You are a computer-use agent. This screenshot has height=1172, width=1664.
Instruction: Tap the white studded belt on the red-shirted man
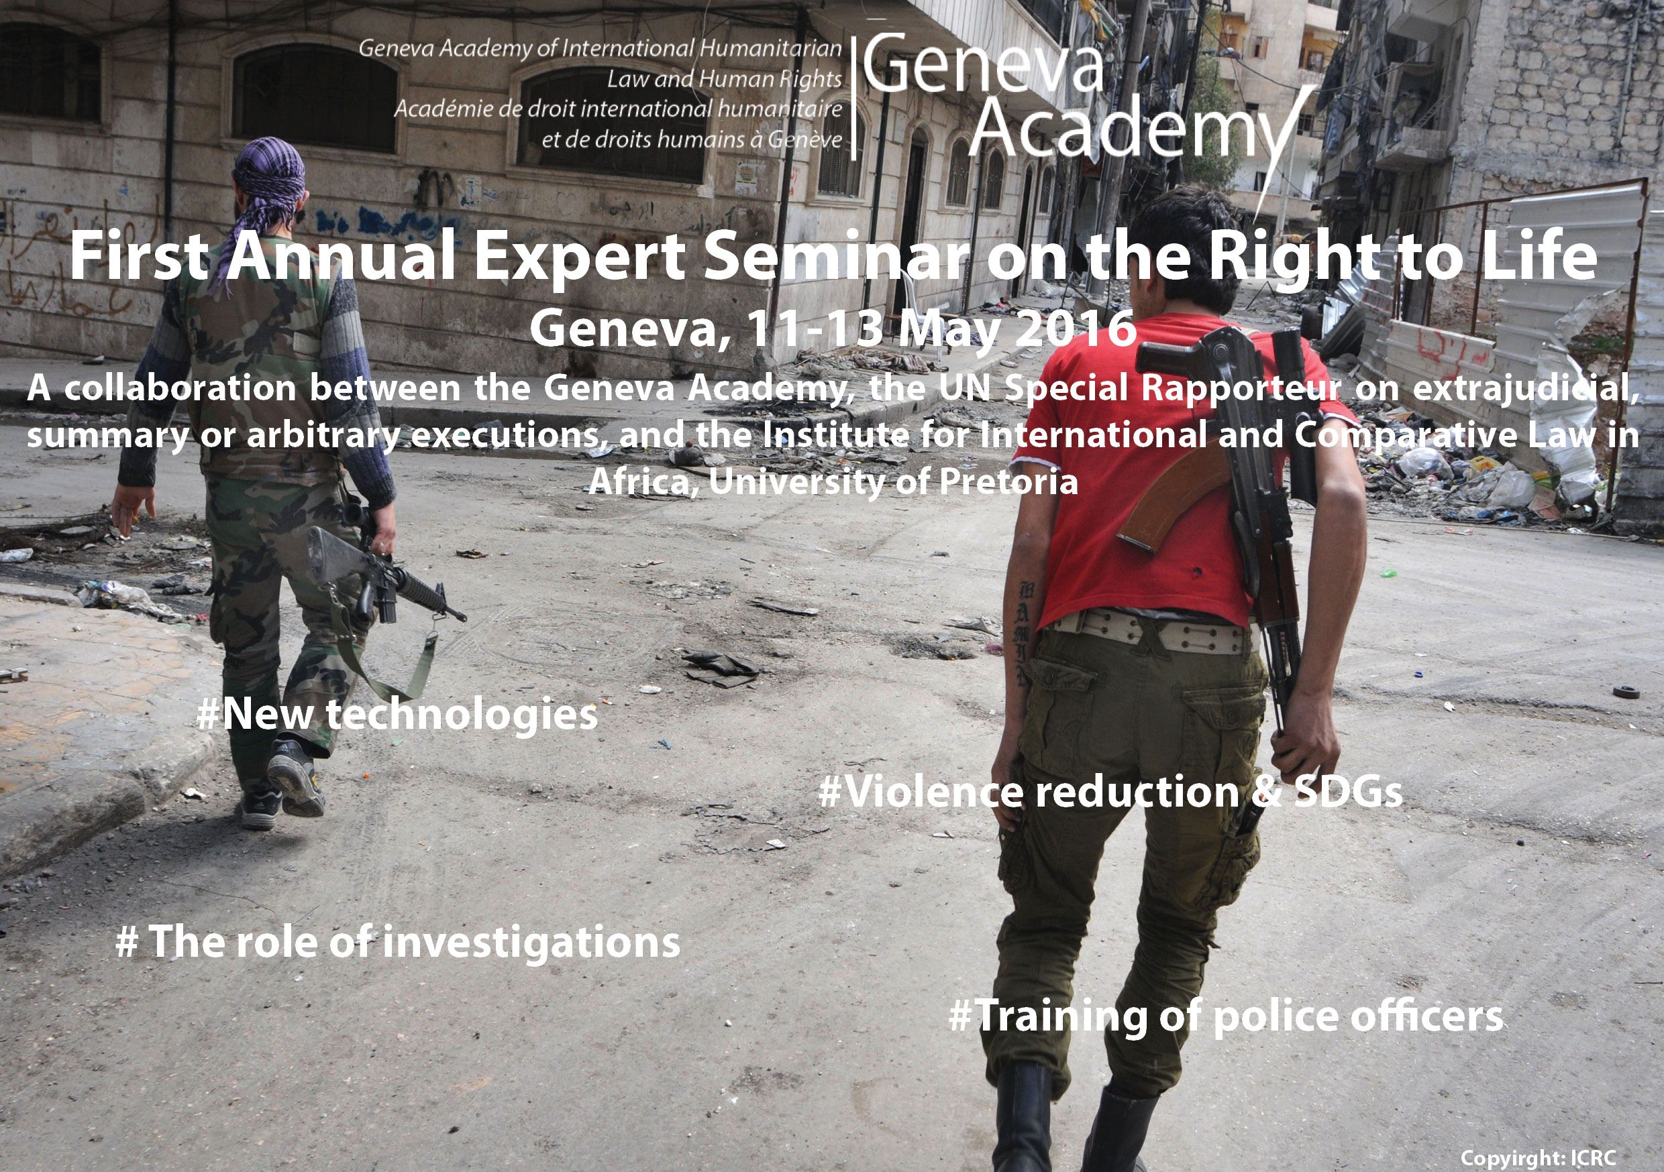tap(1152, 632)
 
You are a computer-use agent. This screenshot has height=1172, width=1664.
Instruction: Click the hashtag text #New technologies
tap(397, 715)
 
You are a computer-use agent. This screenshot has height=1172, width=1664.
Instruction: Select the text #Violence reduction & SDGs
tap(1110, 792)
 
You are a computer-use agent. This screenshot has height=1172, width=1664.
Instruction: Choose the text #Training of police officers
tap(1227, 1016)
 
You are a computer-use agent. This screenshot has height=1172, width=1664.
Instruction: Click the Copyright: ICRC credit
tap(1538, 1158)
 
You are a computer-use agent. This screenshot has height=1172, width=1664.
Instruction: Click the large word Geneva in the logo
tap(983, 64)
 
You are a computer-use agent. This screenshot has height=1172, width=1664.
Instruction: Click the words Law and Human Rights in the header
tap(725, 79)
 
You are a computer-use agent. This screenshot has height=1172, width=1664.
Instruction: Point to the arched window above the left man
tap(315, 98)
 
